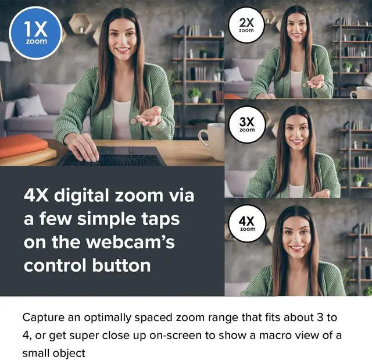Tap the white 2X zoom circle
246,24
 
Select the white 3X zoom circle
246,124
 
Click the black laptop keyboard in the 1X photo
110,158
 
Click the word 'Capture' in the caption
44,318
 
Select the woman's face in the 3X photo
296,133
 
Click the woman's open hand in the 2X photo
316,81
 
